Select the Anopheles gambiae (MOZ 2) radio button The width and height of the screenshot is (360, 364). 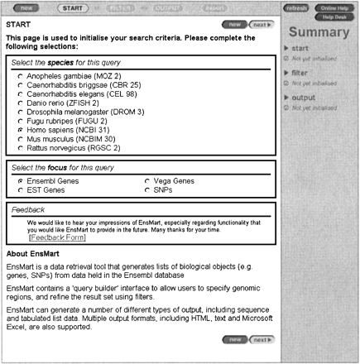pyautogui.click(x=19, y=76)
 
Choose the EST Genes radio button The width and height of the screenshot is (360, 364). pyautogui.click(x=19, y=190)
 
